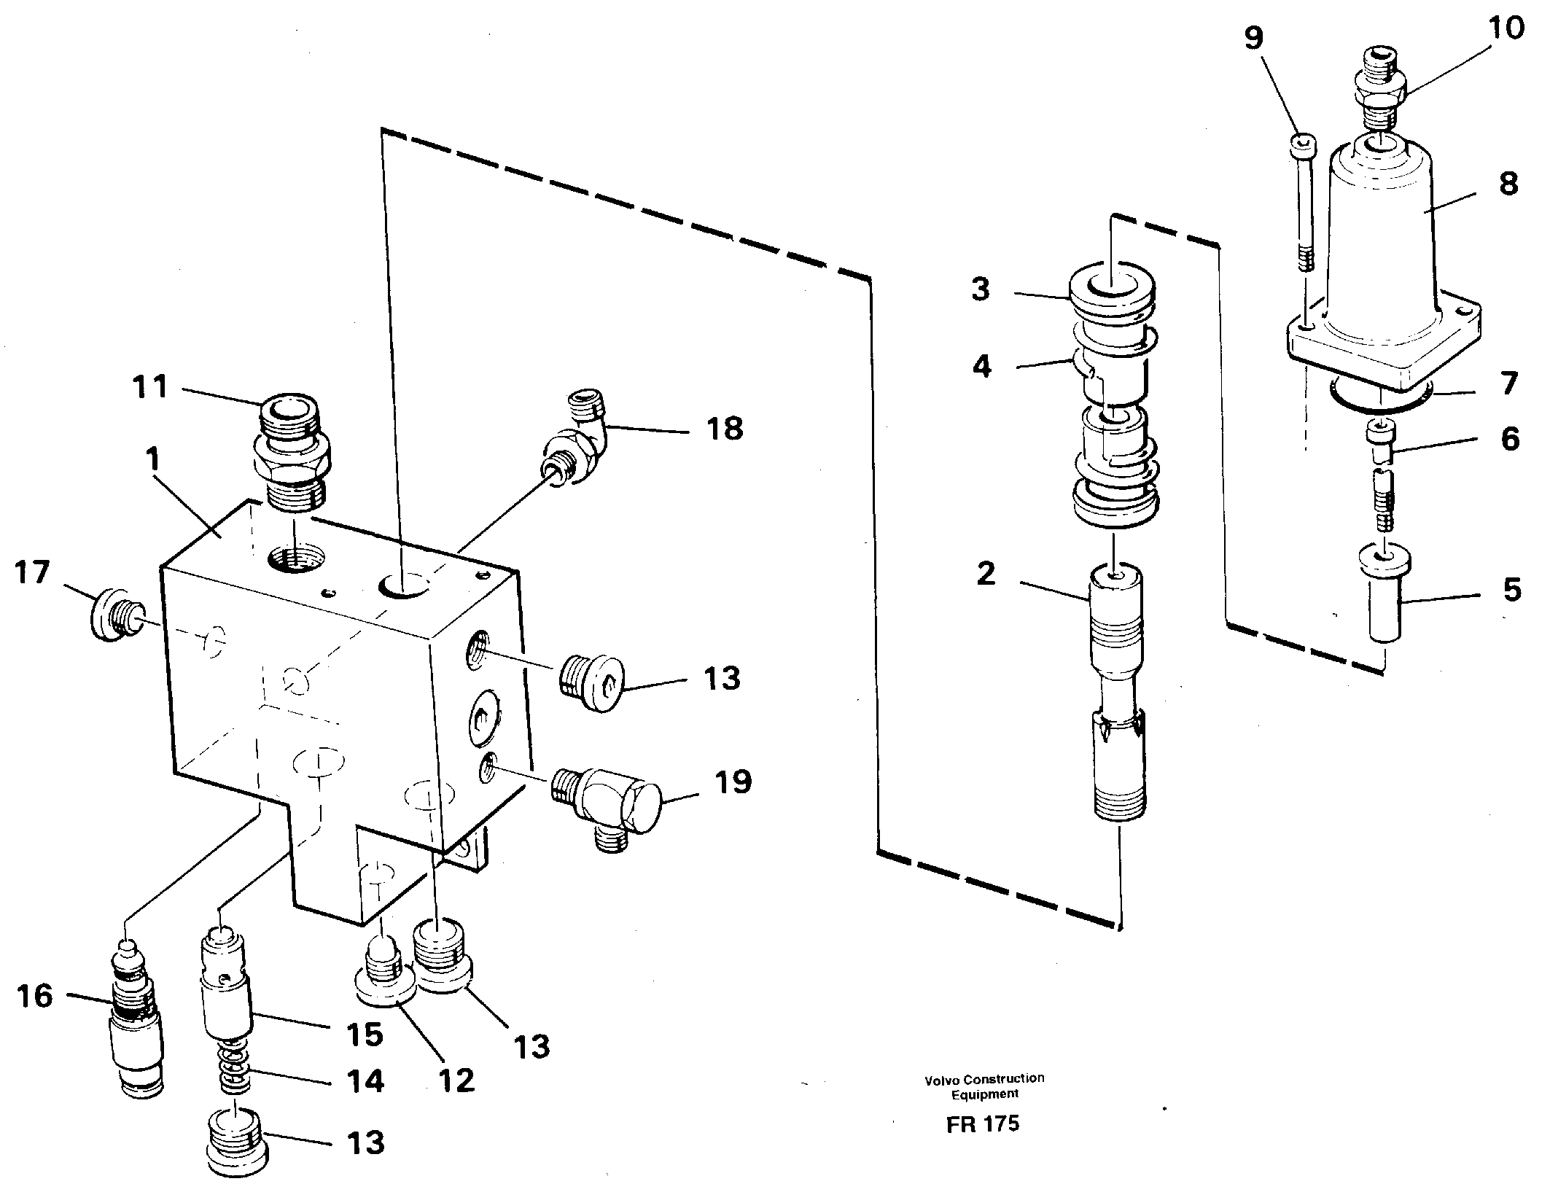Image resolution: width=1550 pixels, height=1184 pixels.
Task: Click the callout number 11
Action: (150, 387)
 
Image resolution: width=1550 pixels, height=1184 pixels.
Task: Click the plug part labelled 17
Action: (112, 615)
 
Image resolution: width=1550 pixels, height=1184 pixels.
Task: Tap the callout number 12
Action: (456, 1080)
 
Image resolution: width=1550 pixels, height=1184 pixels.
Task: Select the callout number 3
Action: (981, 289)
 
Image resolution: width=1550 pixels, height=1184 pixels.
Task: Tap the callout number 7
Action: (1508, 382)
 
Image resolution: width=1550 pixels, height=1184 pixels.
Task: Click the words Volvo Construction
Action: (984, 1079)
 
